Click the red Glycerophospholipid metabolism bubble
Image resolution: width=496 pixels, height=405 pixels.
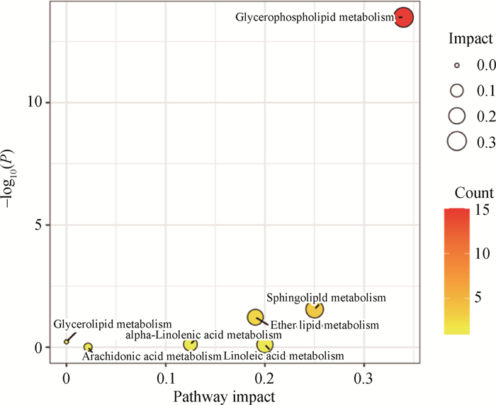[x=403, y=17]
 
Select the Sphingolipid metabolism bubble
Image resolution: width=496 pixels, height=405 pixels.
[x=315, y=309]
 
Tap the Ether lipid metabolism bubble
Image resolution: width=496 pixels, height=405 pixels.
[x=255, y=317]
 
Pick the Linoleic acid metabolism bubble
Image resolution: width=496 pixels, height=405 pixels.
[x=265, y=345]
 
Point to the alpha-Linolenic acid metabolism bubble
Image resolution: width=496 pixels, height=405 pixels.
[x=190, y=345]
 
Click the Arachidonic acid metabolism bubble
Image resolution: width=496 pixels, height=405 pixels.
[x=88, y=348]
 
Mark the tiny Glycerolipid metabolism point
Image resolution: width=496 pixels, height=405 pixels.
[x=67, y=341]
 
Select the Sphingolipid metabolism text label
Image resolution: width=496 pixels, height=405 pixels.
[x=326, y=297]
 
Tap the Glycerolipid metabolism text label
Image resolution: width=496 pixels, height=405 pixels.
[x=113, y=324]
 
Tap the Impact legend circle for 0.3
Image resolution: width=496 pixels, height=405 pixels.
[x=457, y=141]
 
